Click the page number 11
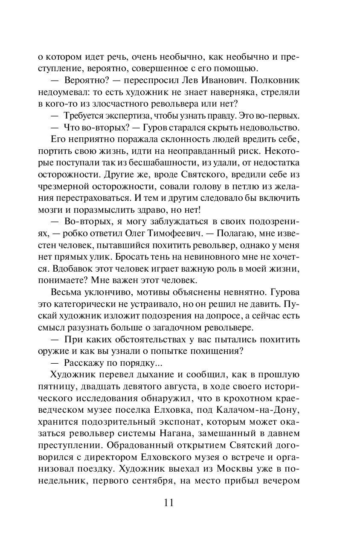coord(168,503)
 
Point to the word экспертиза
coord(122,115)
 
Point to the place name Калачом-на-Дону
coord(264,410)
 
